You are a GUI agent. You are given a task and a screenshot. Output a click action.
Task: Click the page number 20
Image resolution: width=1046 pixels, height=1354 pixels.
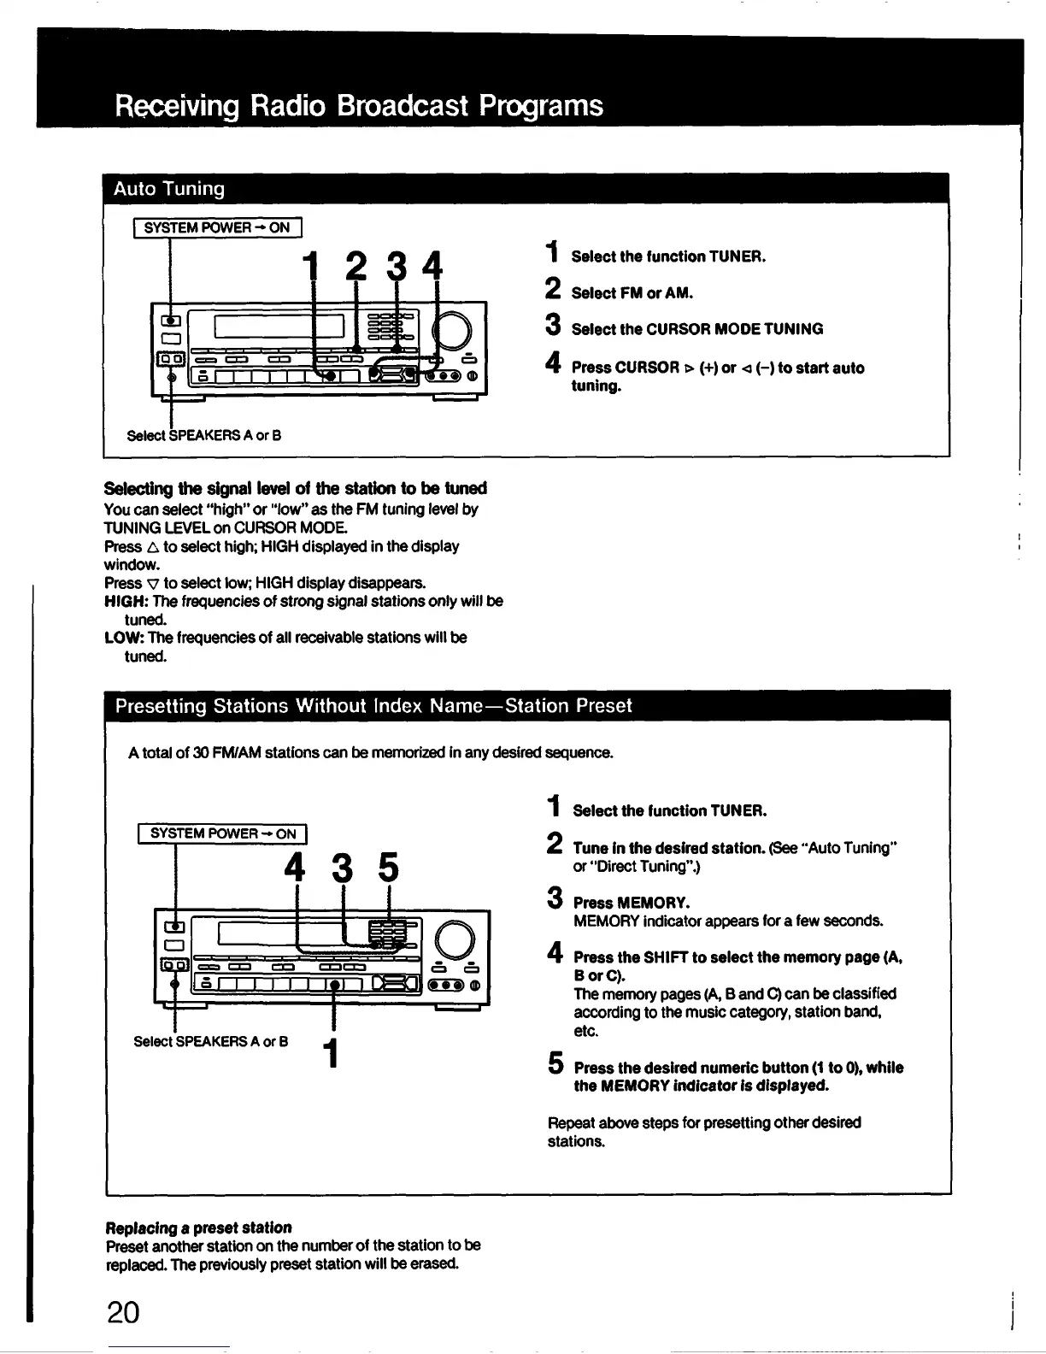(124, 1311)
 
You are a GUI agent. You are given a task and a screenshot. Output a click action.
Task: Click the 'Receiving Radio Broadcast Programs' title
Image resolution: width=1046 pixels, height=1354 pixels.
(359, 106)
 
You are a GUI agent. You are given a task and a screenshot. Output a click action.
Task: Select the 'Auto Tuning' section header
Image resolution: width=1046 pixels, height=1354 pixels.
(170, 189)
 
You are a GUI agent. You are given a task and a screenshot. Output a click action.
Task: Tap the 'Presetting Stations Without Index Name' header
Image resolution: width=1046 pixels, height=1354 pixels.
(373, 706)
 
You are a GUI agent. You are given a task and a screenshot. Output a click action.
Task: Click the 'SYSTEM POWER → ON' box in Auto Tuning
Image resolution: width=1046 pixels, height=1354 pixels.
(217, 227)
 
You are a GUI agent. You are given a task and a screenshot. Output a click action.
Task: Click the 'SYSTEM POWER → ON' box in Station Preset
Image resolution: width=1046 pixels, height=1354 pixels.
(222, 833)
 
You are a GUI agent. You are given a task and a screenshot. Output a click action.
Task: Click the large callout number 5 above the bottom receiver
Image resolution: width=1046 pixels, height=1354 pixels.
(388, 869)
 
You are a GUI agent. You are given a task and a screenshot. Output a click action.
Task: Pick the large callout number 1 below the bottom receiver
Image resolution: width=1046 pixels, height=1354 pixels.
(332, 1052)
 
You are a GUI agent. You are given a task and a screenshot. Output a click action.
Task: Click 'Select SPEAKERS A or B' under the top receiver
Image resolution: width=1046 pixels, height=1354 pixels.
(204, 435)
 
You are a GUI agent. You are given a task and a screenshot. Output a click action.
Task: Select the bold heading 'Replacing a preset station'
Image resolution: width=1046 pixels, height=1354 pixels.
(197, 1227)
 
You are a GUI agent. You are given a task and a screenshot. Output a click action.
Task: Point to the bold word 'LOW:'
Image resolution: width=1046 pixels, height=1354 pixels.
(124, 638)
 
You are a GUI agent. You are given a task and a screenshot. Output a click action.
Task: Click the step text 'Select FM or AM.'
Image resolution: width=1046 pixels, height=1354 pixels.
(632, 293)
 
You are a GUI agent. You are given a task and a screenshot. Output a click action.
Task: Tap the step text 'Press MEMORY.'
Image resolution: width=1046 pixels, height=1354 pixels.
(632, 903)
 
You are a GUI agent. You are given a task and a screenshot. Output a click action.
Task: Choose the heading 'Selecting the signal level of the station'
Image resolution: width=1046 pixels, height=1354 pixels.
(295, 488)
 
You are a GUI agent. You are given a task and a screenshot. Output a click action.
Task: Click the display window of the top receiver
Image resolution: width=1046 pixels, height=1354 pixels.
(279, 327)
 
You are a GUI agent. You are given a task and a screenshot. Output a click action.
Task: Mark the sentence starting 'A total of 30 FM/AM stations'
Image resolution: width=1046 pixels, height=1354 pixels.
(371, 753)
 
